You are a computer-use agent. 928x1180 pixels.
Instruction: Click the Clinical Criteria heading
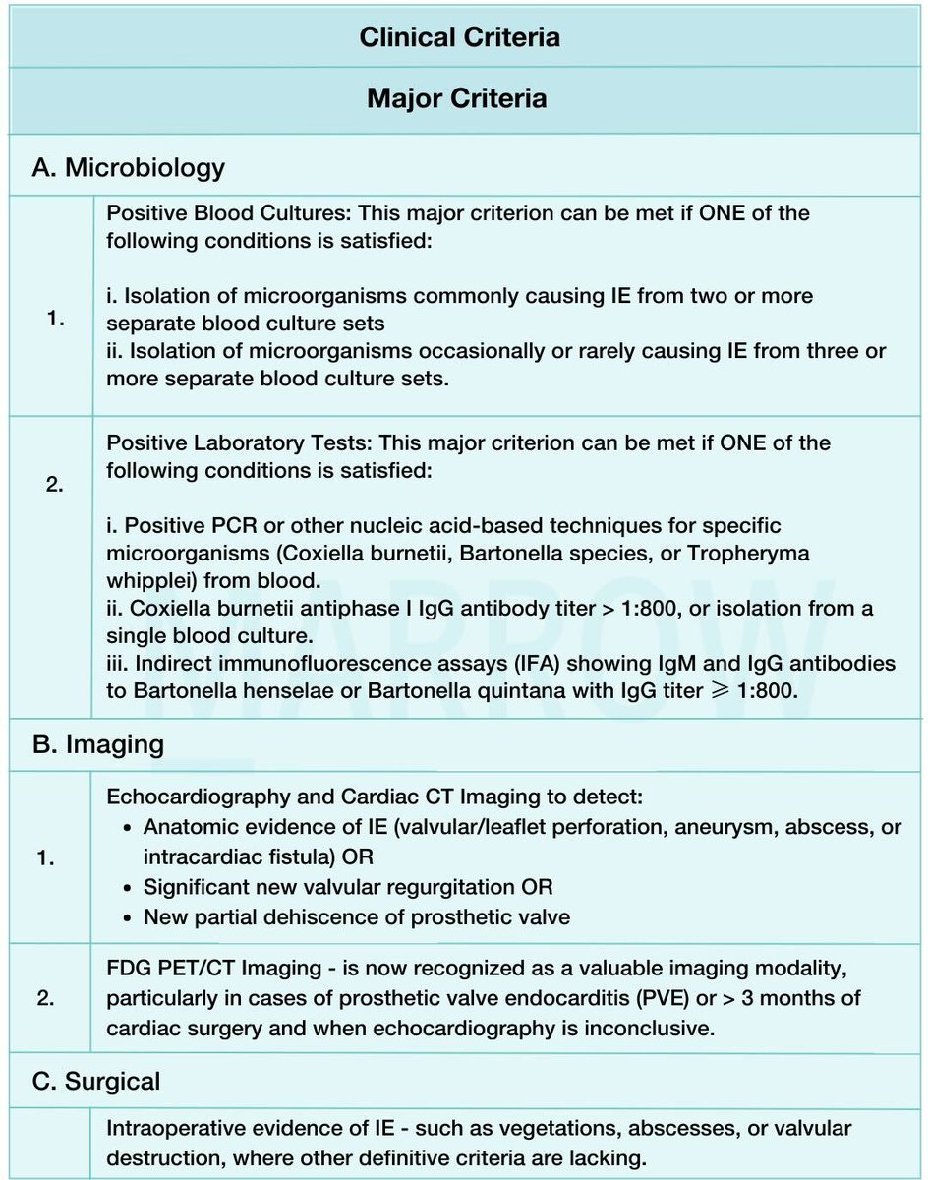coord(459,37)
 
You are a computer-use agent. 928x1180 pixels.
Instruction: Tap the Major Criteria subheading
coord(456,98)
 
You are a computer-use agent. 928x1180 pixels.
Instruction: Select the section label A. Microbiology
coord(129,167)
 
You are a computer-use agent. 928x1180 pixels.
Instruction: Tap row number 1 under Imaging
coord(45,857)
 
